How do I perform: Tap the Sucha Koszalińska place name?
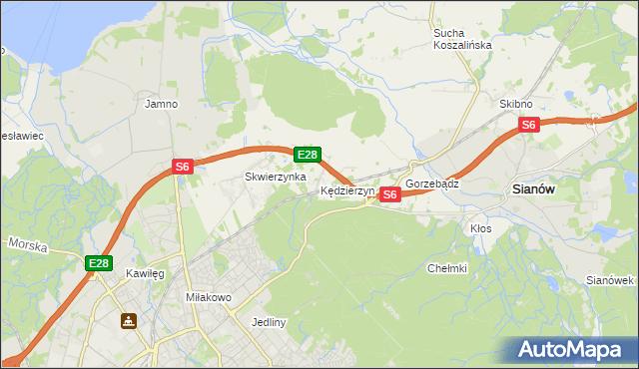pos(462,39)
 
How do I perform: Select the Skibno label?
pos(516,104)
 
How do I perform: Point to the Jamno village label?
pos(161,104)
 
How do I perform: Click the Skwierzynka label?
pos(269,177)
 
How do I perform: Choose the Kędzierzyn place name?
pos(346,190)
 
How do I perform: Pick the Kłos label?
pos(481,228)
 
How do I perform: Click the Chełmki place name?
pos(447,268)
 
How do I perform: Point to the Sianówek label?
pos(610,279)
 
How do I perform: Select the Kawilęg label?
pos(145,272)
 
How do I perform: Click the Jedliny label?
pos(270,322)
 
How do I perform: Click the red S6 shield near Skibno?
pos(529,125)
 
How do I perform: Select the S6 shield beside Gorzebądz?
pos(390,194)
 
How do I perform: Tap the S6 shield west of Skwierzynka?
pos(182,168)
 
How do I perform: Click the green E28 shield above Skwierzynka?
pos(308,155)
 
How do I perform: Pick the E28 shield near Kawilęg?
pos(98,263)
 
